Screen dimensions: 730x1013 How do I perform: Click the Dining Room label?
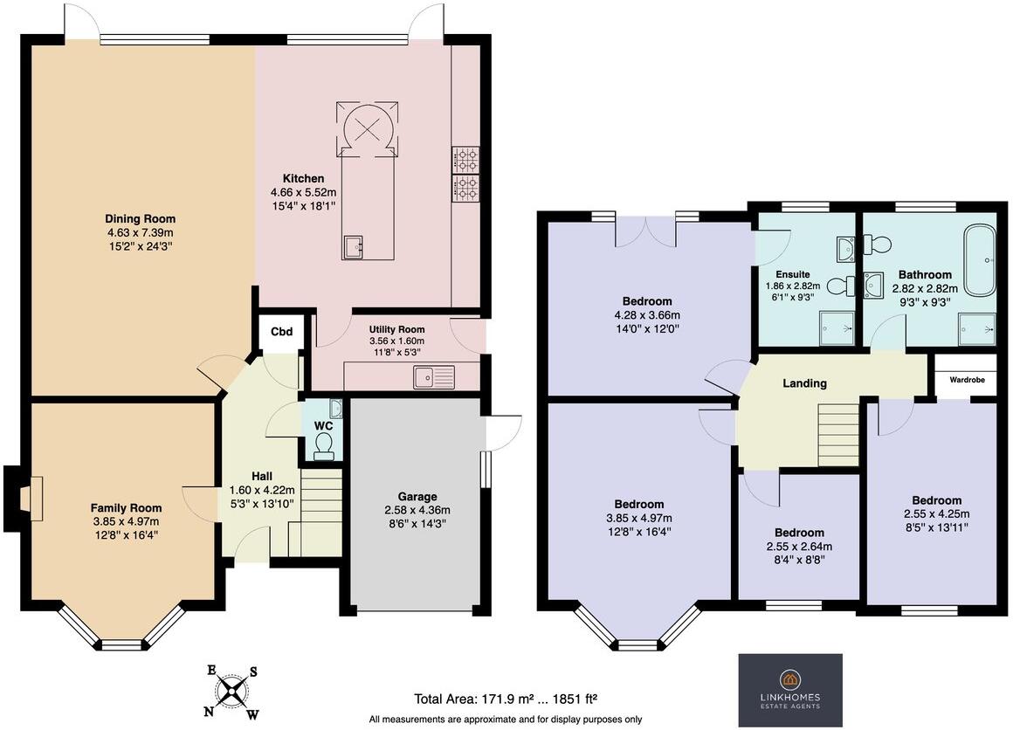pos(141,218)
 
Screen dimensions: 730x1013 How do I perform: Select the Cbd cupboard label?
pos(280,332)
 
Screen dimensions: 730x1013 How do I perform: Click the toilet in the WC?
pos(324,447)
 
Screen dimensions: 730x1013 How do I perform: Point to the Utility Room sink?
pos(435,376)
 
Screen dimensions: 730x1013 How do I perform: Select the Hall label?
pos(262,476)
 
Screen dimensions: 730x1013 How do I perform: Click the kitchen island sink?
pos(354,247)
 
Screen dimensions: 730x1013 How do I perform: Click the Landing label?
pos(804,382)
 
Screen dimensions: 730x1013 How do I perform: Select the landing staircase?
pos(837,435)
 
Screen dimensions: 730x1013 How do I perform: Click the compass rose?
pos(232,691)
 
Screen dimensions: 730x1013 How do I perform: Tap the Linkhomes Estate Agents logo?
pos(790,690)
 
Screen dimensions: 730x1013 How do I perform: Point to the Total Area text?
pos(506,699)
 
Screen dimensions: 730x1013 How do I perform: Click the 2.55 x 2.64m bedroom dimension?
pos(798,547)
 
